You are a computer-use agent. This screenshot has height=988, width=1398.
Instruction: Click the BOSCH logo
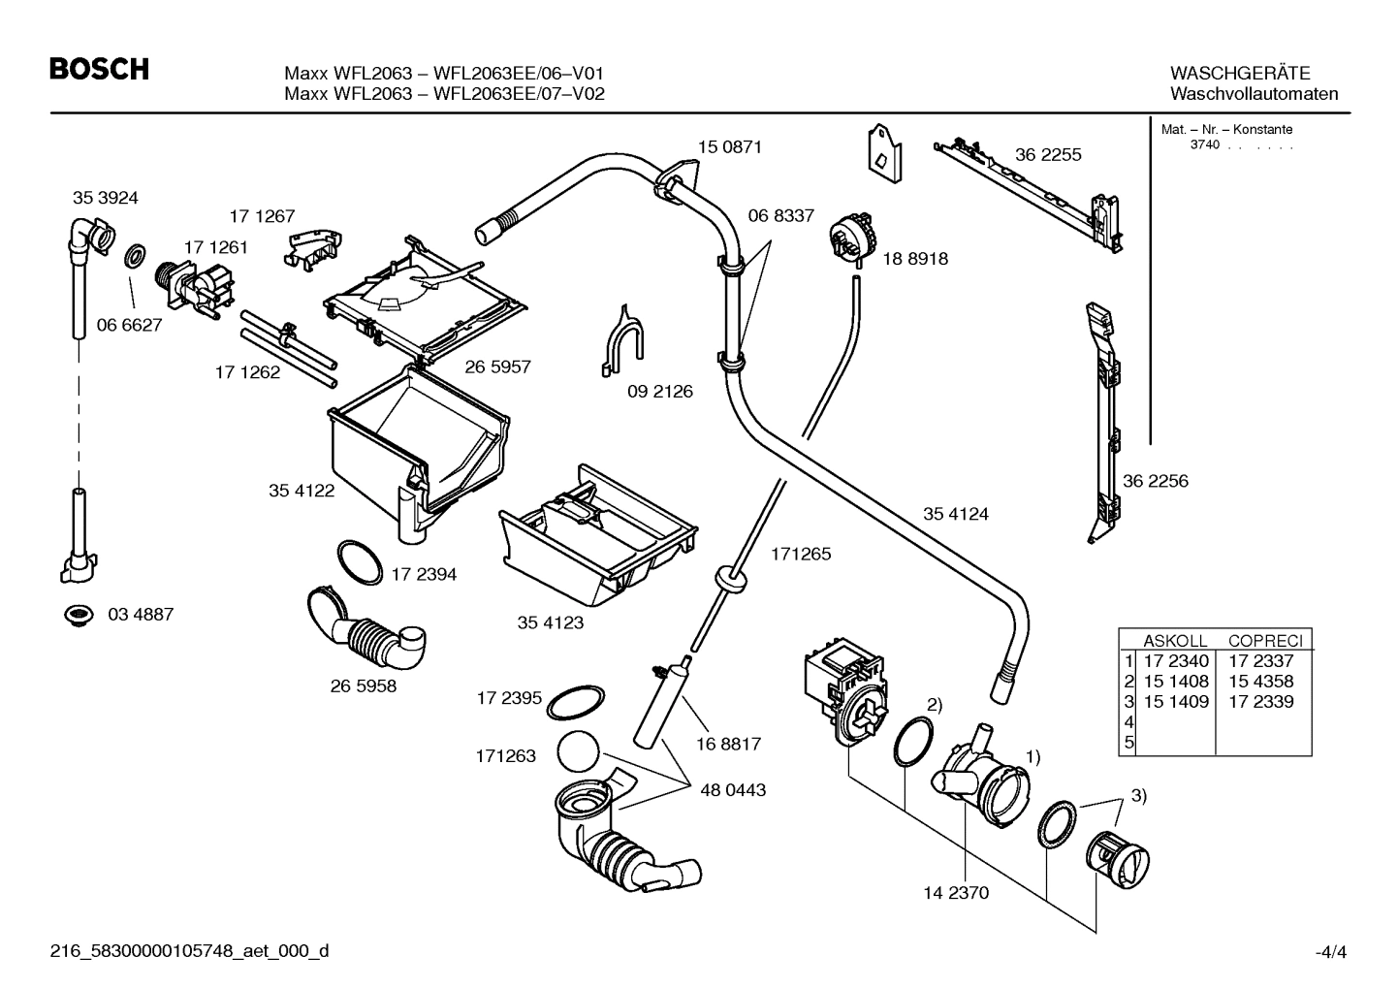[x=99, y=70]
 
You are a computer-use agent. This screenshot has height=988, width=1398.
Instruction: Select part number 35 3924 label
[x=105, y=198]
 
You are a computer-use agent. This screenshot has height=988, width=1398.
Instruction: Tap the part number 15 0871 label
[x=729, y=147]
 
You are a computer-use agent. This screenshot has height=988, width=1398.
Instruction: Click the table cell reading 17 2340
[x=1175, y=661]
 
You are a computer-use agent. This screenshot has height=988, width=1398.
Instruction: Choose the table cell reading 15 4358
[x=1260, y=682]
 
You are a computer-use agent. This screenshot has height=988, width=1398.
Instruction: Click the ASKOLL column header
[x=1175, y=641]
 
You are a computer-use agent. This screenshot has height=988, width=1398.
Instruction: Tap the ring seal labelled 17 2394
[x=360, y=562]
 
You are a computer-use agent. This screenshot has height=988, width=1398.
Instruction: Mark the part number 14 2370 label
[x=955, y=893]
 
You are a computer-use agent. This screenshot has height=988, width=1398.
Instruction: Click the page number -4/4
[x=1330, y=952]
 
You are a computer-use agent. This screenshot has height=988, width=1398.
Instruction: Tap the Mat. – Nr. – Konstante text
[x=1225, y=130]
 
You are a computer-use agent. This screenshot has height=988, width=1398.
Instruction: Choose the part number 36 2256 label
[x=1155, y=481]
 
